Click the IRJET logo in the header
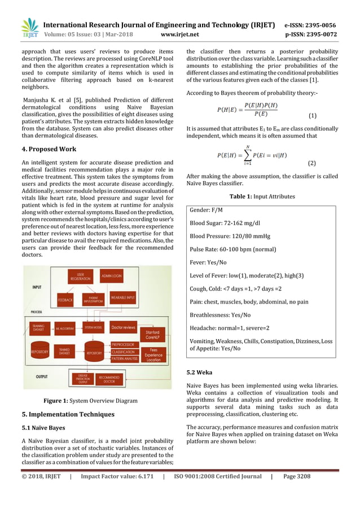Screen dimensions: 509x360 29,28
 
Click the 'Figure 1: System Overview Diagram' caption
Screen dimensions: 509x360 90,401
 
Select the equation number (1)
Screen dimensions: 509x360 312,116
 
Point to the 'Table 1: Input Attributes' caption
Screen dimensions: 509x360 261,196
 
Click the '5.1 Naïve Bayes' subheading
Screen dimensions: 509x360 41,427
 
